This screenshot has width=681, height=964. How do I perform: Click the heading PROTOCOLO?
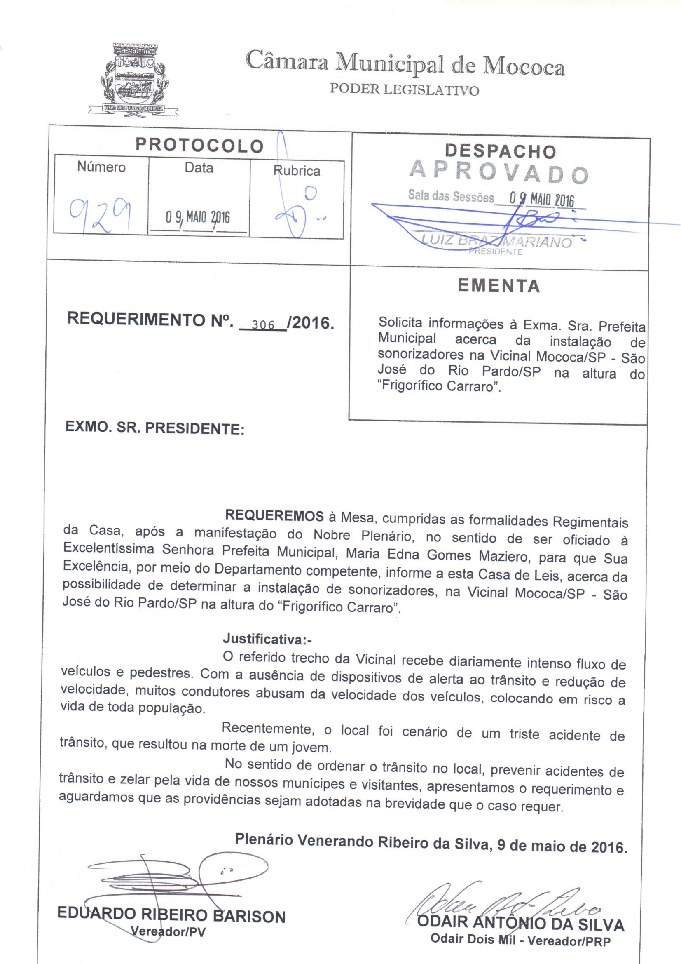pyautogui.click(x=199, y=145)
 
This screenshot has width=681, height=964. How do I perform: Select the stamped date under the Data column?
pyautogui.click(x=198, y=217)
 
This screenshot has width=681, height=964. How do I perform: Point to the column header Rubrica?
pyautogui.click(x=297, y=171)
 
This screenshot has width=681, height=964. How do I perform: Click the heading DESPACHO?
pyautogui.click(x=500, y=151)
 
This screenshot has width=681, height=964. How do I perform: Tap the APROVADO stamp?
pyautogui.click(x=499, y=172)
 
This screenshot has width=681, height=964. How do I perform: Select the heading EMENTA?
pyautogui.click(x=498, y=286)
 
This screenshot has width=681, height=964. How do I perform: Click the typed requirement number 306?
pyautogui.click(x=263, y=324)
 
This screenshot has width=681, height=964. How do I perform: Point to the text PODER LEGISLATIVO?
pyautogui.click(x=404, y=89)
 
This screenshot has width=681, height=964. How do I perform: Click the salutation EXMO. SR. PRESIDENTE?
pyautogui.click(x=155, y=429)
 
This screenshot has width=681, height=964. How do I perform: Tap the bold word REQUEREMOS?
pyautogui.click(x=274, y=516)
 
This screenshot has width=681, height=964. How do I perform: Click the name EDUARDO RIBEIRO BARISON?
pyautogui.click(x=171, y=916)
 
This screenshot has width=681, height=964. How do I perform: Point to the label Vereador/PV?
pyautogui.click(x=168, y=932)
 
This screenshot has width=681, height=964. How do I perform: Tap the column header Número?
pyautogui.click(x=101, y=167)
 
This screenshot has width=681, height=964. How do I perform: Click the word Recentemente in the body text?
pyautogui.click(x=268, y=728)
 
